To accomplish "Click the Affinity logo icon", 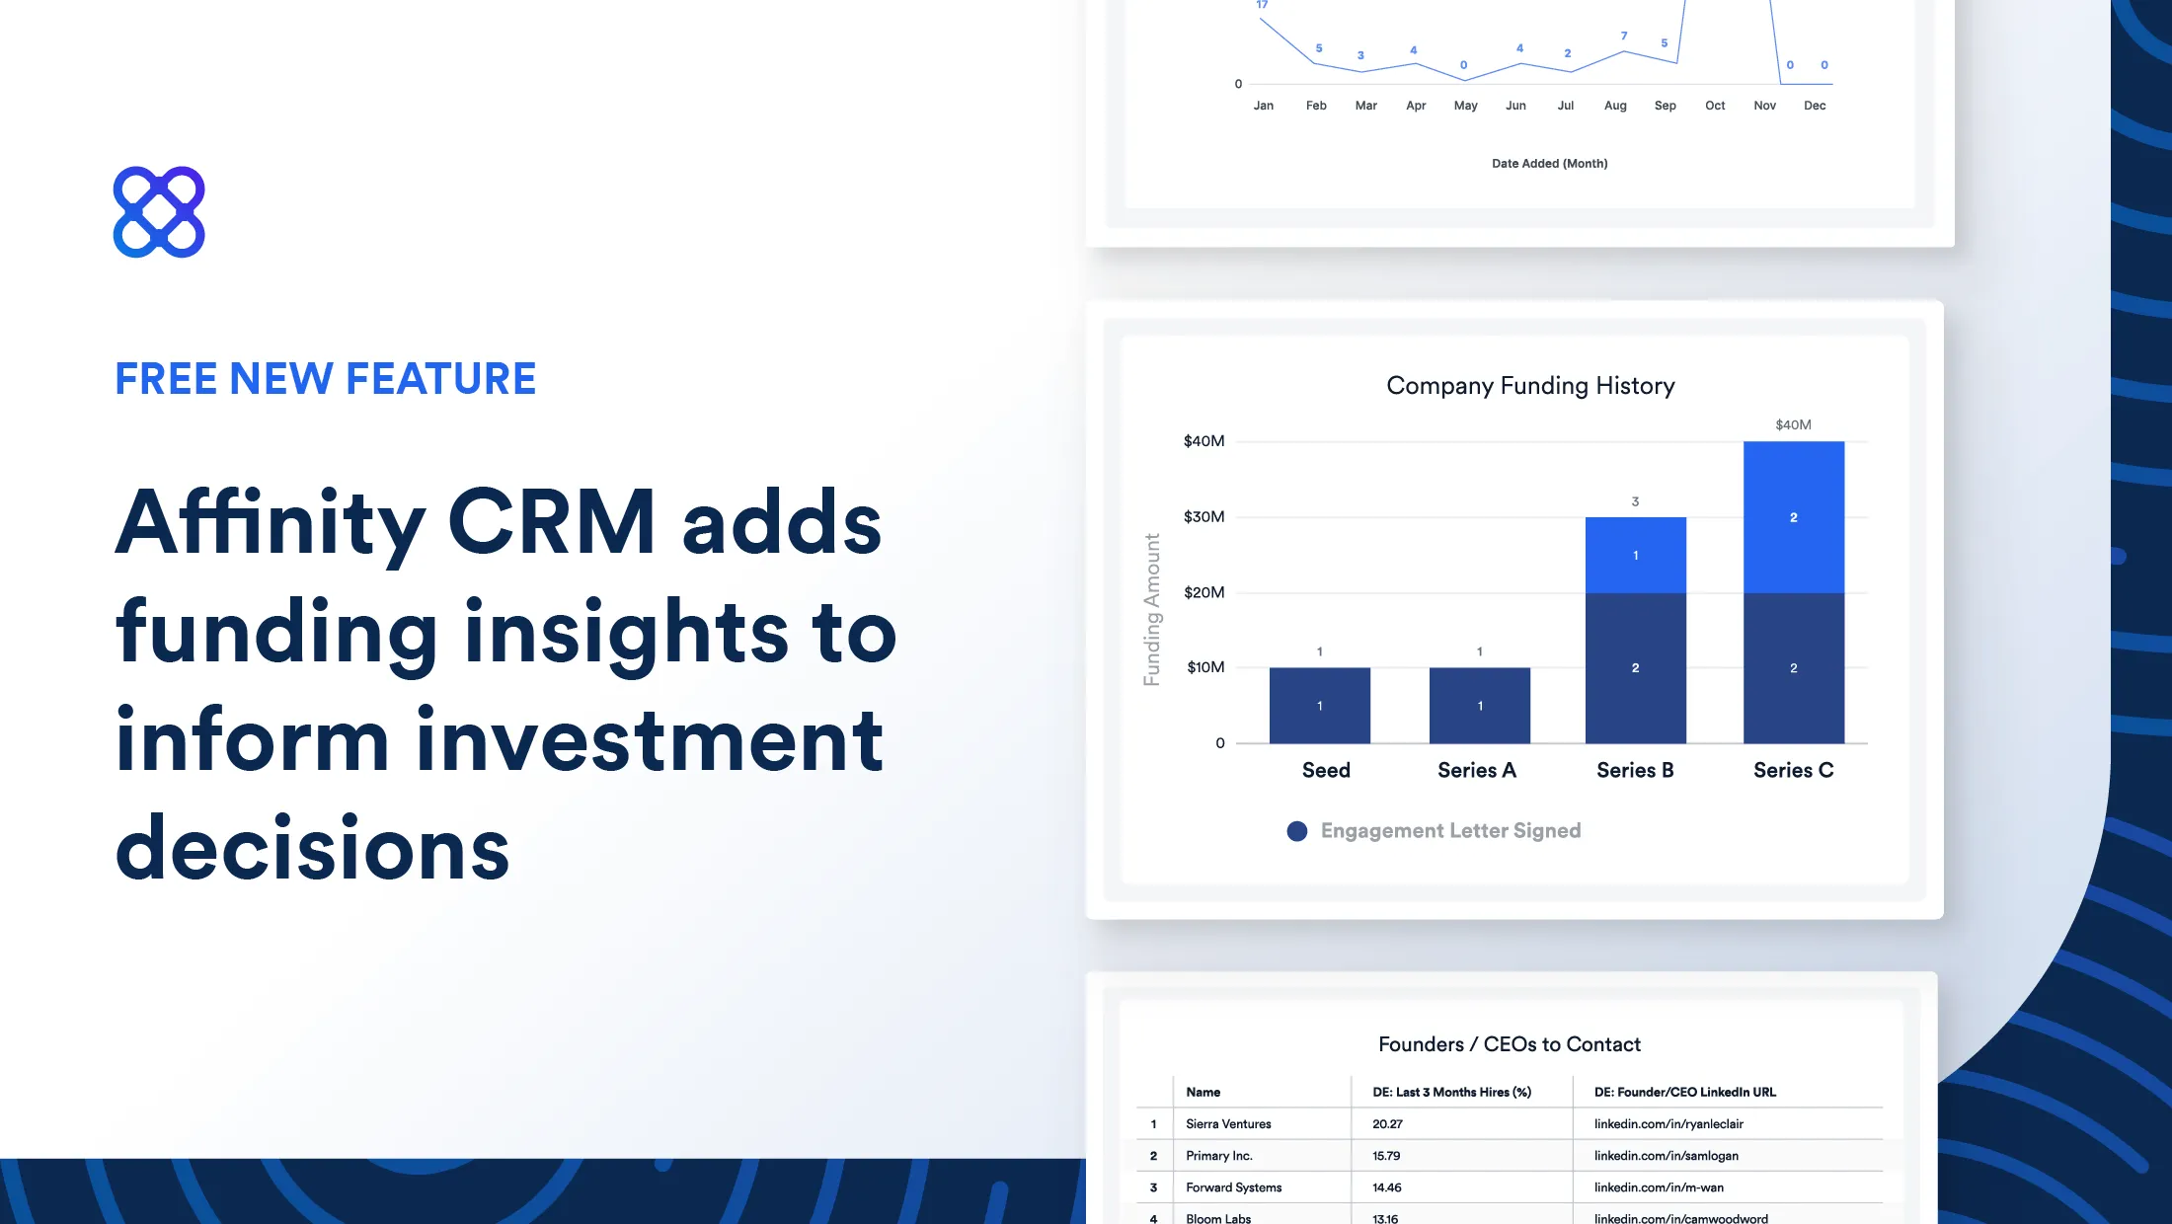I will point(159,212).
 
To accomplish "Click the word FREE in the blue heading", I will point(165,379).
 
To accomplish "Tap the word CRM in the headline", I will point(551,523).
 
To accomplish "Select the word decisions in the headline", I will point(312,850).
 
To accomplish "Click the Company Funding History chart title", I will point(1530,385).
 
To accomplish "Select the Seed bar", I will point(1319,705).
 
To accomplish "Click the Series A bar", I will point(1479,705).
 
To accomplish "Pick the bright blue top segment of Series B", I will point(1635,555).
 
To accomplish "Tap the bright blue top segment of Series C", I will point(1793,517).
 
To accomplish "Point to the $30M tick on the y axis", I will point(1203,516).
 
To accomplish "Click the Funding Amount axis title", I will point(1151,609).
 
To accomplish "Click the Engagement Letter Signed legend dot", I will point(1296,831).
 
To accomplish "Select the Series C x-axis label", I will point(1793,770).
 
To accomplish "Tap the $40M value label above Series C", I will point(1793,424).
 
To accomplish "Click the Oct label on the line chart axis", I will point(1715,106).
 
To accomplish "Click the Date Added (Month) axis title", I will point(1549,164).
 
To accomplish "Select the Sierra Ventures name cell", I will point(1228,1123).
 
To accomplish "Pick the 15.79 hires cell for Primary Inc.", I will point(1386,1155).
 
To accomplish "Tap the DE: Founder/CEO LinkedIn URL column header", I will point(1684,1092).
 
